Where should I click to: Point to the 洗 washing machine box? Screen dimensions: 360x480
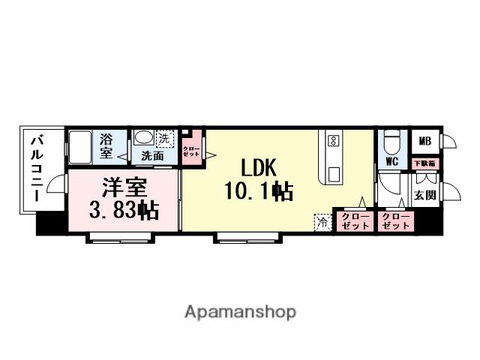(x=164, y=138)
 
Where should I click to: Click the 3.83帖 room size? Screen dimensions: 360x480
(x=124, y=211)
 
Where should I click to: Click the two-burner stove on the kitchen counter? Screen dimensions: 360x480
(x=334, y=140)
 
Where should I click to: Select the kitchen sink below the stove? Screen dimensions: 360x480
(x=332, y=173)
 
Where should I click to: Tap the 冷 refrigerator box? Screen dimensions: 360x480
(x=322, y=222)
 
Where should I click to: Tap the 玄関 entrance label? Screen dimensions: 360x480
(x=424, y=196)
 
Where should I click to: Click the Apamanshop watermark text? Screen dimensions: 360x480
(x=240, y=311)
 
